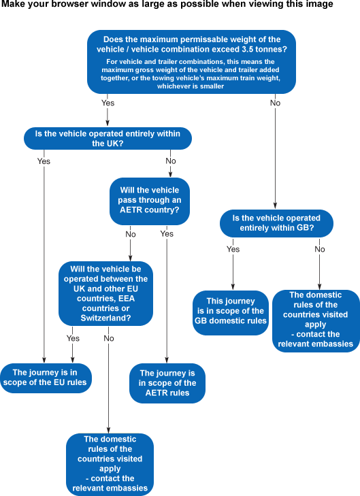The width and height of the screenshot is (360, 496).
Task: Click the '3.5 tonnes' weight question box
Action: tap(191, 62)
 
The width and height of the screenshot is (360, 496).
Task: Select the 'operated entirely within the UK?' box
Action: tap(108, 139)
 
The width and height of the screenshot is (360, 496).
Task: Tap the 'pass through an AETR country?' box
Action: tap(150, 201)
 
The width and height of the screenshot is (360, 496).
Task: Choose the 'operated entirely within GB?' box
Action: tap(276, 223)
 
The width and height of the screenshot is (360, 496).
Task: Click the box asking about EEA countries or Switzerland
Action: tap(105, 293)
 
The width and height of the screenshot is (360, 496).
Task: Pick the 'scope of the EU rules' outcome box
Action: tap(46, 378)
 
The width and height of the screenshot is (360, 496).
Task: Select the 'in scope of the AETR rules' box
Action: tap(167, 383)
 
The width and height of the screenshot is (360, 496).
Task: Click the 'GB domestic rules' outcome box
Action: tap(231, 312)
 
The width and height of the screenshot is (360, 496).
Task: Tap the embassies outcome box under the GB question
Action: tap(316, 320)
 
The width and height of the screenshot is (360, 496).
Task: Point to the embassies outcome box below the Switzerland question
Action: tap(110, 465)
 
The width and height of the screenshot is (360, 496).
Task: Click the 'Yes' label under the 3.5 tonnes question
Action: tap(108, 103)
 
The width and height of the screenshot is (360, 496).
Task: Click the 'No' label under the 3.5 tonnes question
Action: tap(275, 103)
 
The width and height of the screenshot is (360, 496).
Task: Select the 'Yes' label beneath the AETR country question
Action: tap(167, 234)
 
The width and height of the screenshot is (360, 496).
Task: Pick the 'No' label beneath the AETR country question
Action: tap(131, 234)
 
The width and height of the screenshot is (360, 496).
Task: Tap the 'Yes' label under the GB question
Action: tap(233, 249)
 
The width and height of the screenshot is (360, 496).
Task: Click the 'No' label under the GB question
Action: tap(320, 249)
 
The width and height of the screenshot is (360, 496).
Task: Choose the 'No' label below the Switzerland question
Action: tap(109, 338)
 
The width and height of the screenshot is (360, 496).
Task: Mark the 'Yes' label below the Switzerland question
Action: tap(73, 338)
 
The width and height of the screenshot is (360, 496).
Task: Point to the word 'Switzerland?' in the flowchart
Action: tap(105, 318)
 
